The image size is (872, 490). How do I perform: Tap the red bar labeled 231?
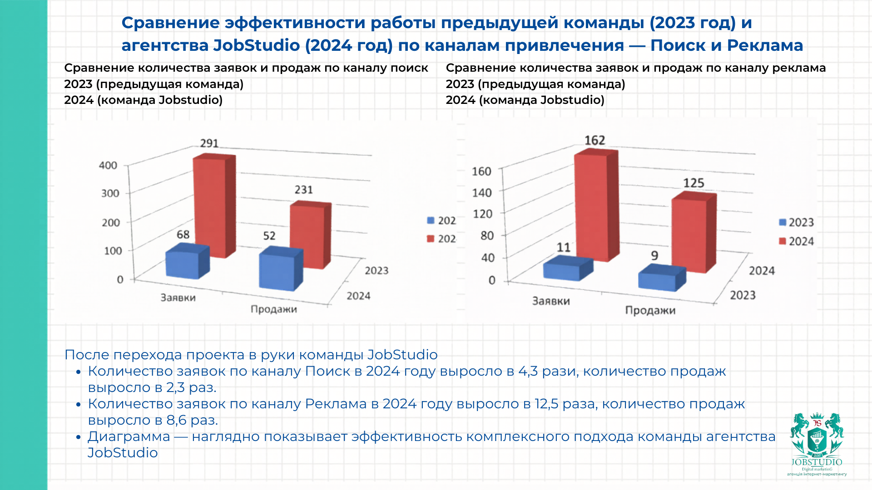tap(307, 236)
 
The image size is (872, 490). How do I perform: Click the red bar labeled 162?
tap(592, 206)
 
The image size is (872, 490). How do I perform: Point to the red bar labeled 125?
tap(690, 234)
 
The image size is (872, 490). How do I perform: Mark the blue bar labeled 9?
tap(658, 280)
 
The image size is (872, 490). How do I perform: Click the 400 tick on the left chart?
tap(108, 166)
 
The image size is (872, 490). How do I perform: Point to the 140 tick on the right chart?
tap(482, 193)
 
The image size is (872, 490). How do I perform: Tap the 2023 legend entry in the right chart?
tap(797, 222)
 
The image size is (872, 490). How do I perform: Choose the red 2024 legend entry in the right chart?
tap(797, 241)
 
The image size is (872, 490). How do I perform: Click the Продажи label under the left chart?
tap(274, 309)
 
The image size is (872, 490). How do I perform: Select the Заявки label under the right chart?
tap(551, 301)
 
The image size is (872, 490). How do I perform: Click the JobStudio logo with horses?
tap(817, 442)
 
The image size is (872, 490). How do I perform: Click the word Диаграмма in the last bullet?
tap(129, 436)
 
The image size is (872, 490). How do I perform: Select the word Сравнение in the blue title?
tap(170, 23)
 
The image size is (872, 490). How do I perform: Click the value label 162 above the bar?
tap(595, 141)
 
